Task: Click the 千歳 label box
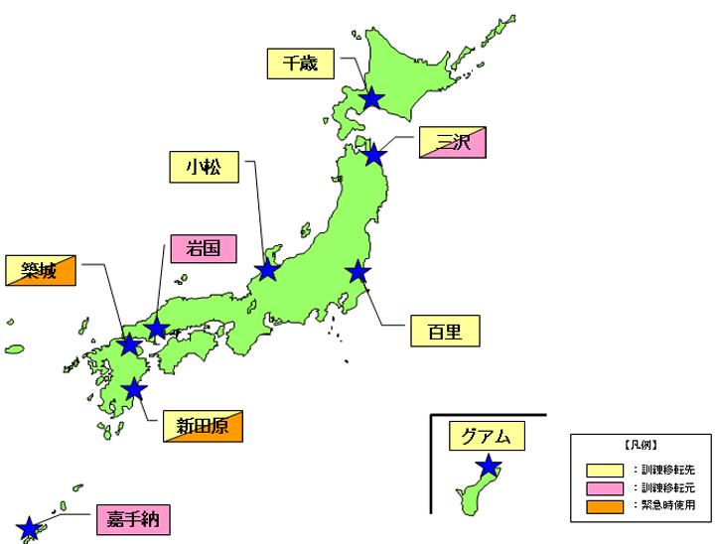pos(301,64)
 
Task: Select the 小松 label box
pos(203,168)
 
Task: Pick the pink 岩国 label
pos(203,249)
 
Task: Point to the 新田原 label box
pos(203,428)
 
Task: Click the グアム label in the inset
pos(486,436)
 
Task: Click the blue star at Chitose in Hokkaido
pos(371,98)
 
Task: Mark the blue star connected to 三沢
pos(373,156)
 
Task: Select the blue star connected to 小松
pos(267,270)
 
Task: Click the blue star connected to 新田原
pos(134,389)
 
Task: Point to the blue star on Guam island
pos(488,466)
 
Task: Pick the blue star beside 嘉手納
pos(29,527)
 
